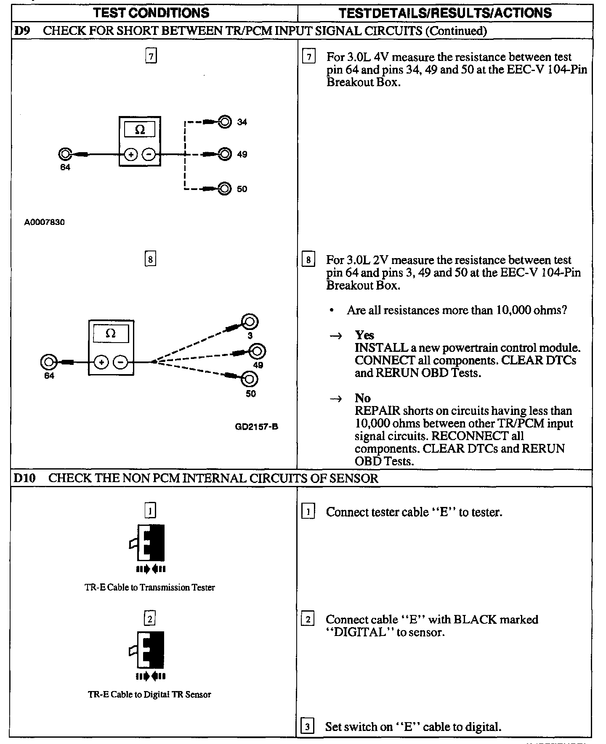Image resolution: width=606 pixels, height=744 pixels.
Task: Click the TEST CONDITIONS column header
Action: [x=151, y=13]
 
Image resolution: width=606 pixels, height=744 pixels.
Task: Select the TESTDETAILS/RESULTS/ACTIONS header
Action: [x=445, y=13]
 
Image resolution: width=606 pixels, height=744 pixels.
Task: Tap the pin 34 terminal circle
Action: [x=226, y=122]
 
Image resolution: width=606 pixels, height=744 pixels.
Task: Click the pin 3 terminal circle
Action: [x=250, y=322]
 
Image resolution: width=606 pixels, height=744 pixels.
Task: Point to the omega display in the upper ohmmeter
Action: [x=140, y=129]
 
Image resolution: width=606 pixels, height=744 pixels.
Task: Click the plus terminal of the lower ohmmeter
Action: [x=101, y=362]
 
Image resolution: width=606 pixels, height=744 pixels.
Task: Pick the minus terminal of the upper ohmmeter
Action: [x=149, y=155]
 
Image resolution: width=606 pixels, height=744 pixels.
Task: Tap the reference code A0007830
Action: [x=45, y=222]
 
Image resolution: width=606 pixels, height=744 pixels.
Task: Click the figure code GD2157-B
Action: [x=257, y=427]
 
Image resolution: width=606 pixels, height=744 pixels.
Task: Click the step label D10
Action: [x=25, y=478]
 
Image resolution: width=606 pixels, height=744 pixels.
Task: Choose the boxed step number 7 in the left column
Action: [x=151, y=56]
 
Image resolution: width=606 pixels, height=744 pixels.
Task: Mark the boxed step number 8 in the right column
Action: [x=308, y=260]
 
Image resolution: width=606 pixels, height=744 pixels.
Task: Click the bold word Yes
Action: [x=364, y=335]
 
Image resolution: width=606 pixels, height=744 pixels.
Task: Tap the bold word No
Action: [x=362, y=398]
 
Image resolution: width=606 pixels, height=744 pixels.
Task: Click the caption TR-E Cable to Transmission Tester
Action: [x=150, y=587]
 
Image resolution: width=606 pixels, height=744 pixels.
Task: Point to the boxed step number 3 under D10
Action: [x=308, y=726]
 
